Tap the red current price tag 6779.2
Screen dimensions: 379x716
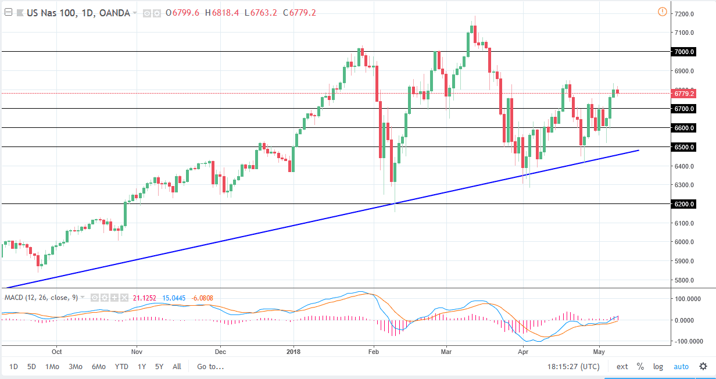(684, 93)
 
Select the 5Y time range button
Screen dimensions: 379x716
(159, 367)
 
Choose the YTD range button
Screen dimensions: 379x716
(121, 367)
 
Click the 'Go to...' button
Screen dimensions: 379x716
(210, 367)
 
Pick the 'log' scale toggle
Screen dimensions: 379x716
(658, 367)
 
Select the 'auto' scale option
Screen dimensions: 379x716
(681, 367)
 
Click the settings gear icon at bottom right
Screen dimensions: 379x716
(703, 367)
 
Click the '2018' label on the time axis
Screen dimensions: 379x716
(293, 352)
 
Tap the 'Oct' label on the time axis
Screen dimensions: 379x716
(56, 352)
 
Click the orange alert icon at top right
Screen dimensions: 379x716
(662, 12)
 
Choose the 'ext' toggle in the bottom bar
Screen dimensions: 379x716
(622, 367)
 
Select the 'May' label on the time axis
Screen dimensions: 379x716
(600, 352)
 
